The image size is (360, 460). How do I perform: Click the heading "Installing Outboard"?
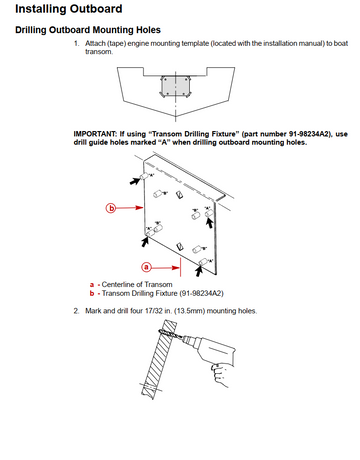click(x=69, y=9)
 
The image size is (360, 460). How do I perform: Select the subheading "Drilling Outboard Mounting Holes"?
click(x=88, y=30)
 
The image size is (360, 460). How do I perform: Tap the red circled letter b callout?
click(x=111, y=208)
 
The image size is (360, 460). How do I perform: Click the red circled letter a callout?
click(x=146, y=267)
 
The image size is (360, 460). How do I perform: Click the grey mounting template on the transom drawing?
click(x=176, y=86)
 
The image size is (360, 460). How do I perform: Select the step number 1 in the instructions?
click(x=76, y=44)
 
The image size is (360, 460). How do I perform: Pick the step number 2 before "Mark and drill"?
click(x=76, y=311)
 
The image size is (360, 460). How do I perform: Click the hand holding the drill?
click(x=221, y=375)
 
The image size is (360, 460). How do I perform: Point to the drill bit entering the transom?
click(x=169, y=335)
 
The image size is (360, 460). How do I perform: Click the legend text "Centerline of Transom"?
click(x=137, y=285)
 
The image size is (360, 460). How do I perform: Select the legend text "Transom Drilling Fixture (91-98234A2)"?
click(x=163, y=294)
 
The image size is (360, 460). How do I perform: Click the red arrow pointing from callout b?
click(x=130, y=208)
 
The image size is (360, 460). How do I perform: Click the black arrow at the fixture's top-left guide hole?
click(x=135, y=181)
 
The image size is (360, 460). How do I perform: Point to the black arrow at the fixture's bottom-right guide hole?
click(x=199, y=271)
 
